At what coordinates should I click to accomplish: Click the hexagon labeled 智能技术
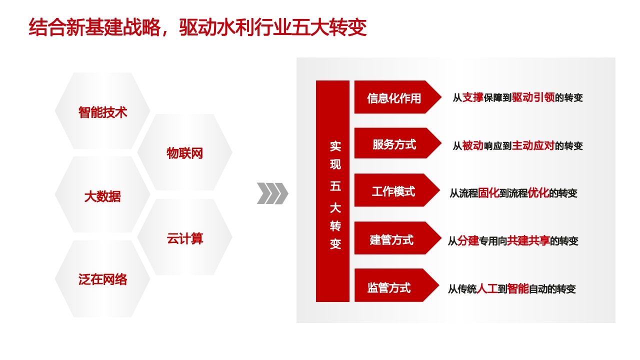(x=102, y=111)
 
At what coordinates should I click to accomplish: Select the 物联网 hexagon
(x=185, y=152)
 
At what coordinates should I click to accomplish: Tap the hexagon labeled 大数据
(x=102, y=194)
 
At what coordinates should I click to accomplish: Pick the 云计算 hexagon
(x=185, y=237)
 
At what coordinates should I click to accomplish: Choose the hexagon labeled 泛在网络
(x=102, y=279)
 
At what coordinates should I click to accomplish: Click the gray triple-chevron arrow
(x=272, y=193)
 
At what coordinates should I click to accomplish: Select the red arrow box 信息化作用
(x=397, y=97)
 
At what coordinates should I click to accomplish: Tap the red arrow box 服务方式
(x=397, y=143)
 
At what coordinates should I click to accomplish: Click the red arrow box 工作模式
(x=397, y=190)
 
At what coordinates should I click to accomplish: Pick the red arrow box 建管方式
(x=397, y=238)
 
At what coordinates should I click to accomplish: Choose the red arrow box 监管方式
(x=397, y=285)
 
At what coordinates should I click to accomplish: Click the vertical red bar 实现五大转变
(x=332, y=191)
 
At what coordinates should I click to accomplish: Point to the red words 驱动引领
(x=533, y=97)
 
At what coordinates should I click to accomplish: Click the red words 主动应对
(x=533, y=145)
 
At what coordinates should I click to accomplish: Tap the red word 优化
(x=538, y=193)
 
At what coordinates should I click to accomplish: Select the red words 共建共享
(x=528, y=241)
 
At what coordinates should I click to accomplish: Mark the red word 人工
(x=487, y=289)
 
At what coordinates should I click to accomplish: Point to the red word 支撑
(x=473, y=97)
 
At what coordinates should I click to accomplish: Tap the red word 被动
(x=473, y=145)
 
